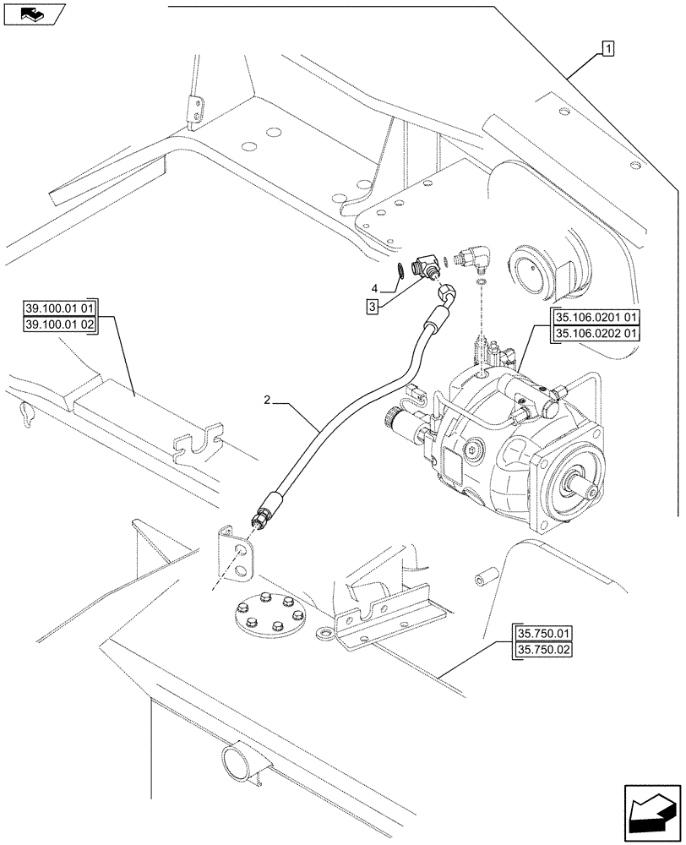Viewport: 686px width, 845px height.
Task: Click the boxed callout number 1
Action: (607, 49)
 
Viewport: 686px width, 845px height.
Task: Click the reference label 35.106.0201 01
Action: (596, 318)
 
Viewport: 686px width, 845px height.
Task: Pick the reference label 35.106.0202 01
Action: (596, 333)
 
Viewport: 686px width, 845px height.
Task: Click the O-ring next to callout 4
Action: (394, 271)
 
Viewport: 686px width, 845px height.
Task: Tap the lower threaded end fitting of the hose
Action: (263, 514)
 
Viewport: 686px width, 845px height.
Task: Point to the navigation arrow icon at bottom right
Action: (651, 816)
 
